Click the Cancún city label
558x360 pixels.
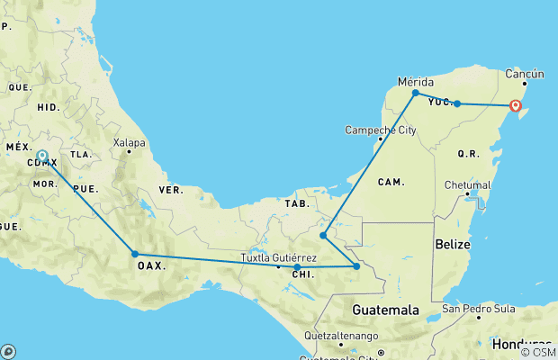click(524, 73)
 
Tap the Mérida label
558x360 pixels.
click(416, 81)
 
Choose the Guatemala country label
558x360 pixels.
click(385, 310)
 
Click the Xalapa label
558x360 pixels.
click(129, 142)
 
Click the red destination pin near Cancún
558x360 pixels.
click(516, 106)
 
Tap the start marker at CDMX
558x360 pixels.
click(42, 156)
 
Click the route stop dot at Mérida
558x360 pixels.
click(415, 93)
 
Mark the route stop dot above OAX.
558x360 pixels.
click(135, 254)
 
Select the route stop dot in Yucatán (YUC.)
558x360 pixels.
click(457, 103)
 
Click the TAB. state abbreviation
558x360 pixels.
click(298, 203)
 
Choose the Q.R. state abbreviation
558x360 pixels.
click(468, 154)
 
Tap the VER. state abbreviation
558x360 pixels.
click(171, 190)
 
